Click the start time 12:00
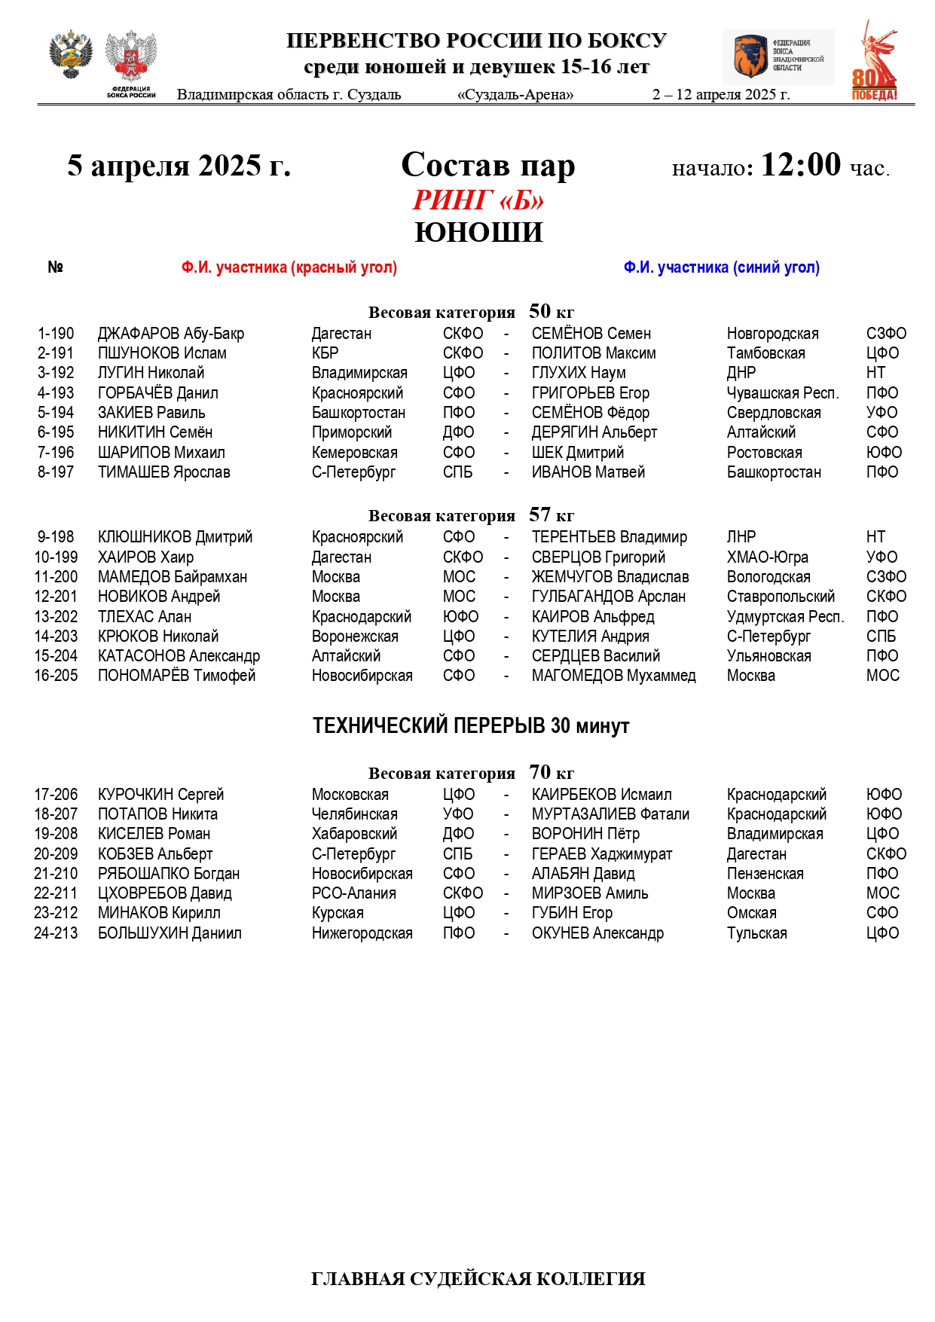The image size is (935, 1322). click(x=800, y=164)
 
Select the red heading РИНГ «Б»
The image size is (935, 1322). click(x=478, y=200)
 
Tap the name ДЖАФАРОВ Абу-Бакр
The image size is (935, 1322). click(x=171, y=334)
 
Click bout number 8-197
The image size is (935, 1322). click(x=56, y=472)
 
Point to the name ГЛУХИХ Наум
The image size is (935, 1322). click(x=579, y=373)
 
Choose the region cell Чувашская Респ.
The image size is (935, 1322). click(x=783, y=393)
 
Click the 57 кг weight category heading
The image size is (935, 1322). click(x=471, y=516)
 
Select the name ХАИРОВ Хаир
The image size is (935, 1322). click(x=145, y=557)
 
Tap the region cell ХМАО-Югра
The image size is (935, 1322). click(x=767, y=557)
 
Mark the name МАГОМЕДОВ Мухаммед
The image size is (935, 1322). click(x=613, y=676)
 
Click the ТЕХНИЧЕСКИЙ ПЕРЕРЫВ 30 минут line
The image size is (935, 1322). click(x=471, y=726)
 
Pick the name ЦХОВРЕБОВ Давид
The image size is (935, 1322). click(x=165, y=893)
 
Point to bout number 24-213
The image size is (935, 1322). click(x=56, y=933)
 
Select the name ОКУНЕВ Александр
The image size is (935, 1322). click(x=597, y=933)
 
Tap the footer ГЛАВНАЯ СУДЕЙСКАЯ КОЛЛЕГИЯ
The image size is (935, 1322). click(x=478, y=1279)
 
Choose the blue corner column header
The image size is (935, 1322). click(x=721, y=267)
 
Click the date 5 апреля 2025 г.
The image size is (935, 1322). click(x=179, y=166)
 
